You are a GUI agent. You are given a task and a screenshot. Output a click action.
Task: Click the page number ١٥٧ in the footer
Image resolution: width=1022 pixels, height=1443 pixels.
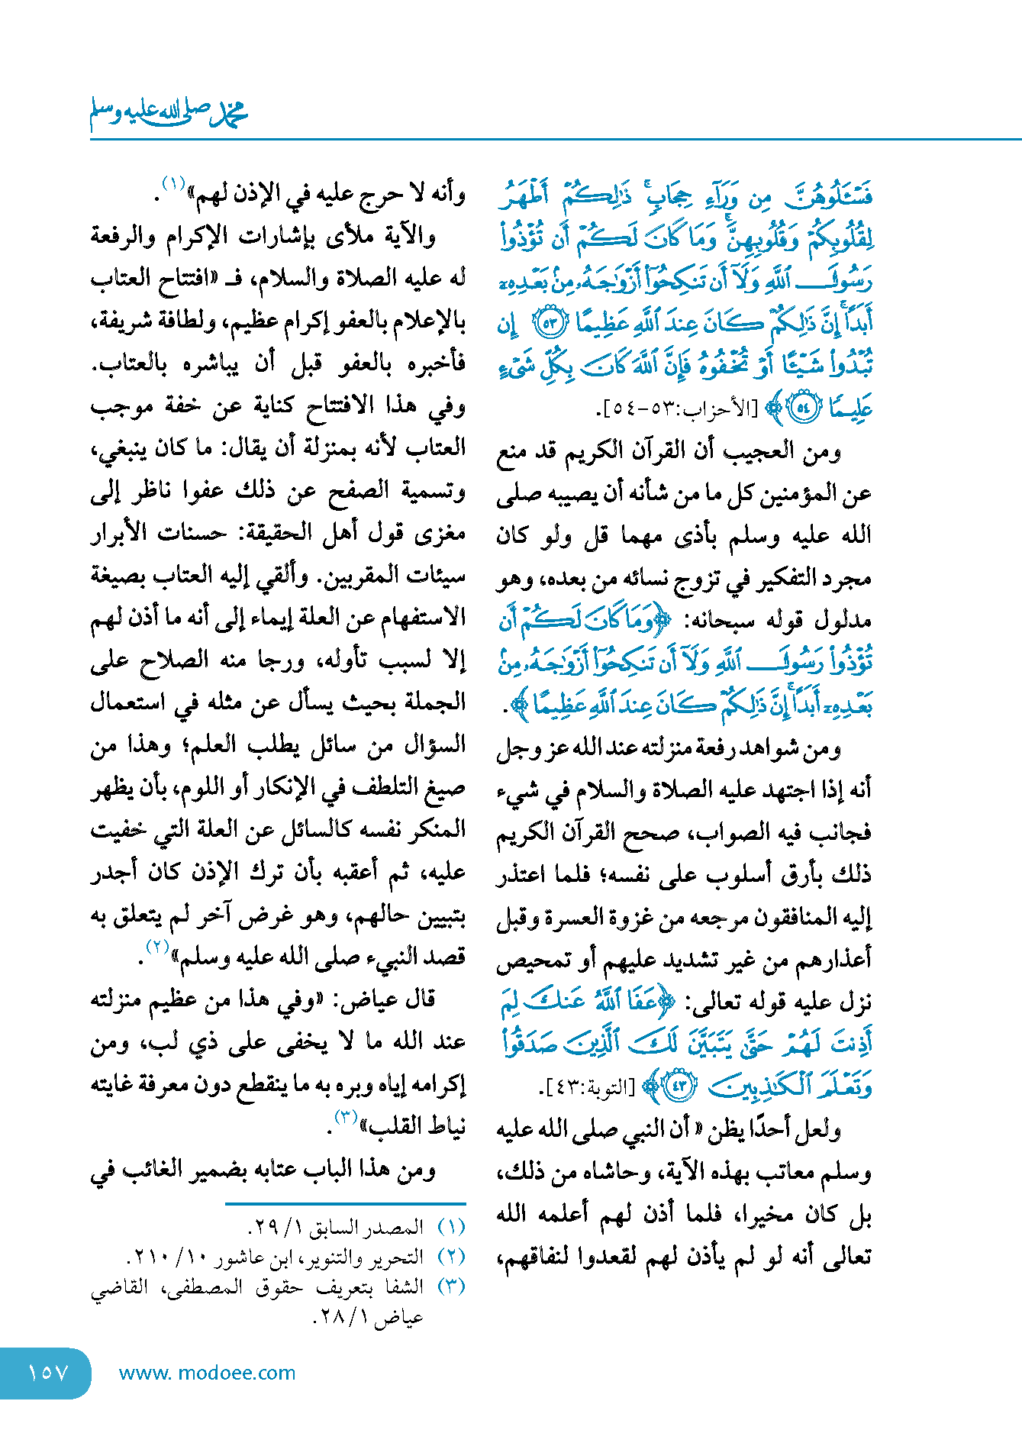pyautogui.click(x=47, y=1373)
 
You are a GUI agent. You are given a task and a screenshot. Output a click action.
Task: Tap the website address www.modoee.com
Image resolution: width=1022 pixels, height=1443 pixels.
pyautogui.click(x=207, y=1373)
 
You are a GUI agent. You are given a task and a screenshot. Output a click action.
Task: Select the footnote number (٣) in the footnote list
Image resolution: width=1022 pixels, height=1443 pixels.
pyautogui.click(x=452, y=1286)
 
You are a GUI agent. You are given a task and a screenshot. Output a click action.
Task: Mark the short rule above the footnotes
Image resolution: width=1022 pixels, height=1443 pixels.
pyautogui.click(x=345, y=1204)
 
